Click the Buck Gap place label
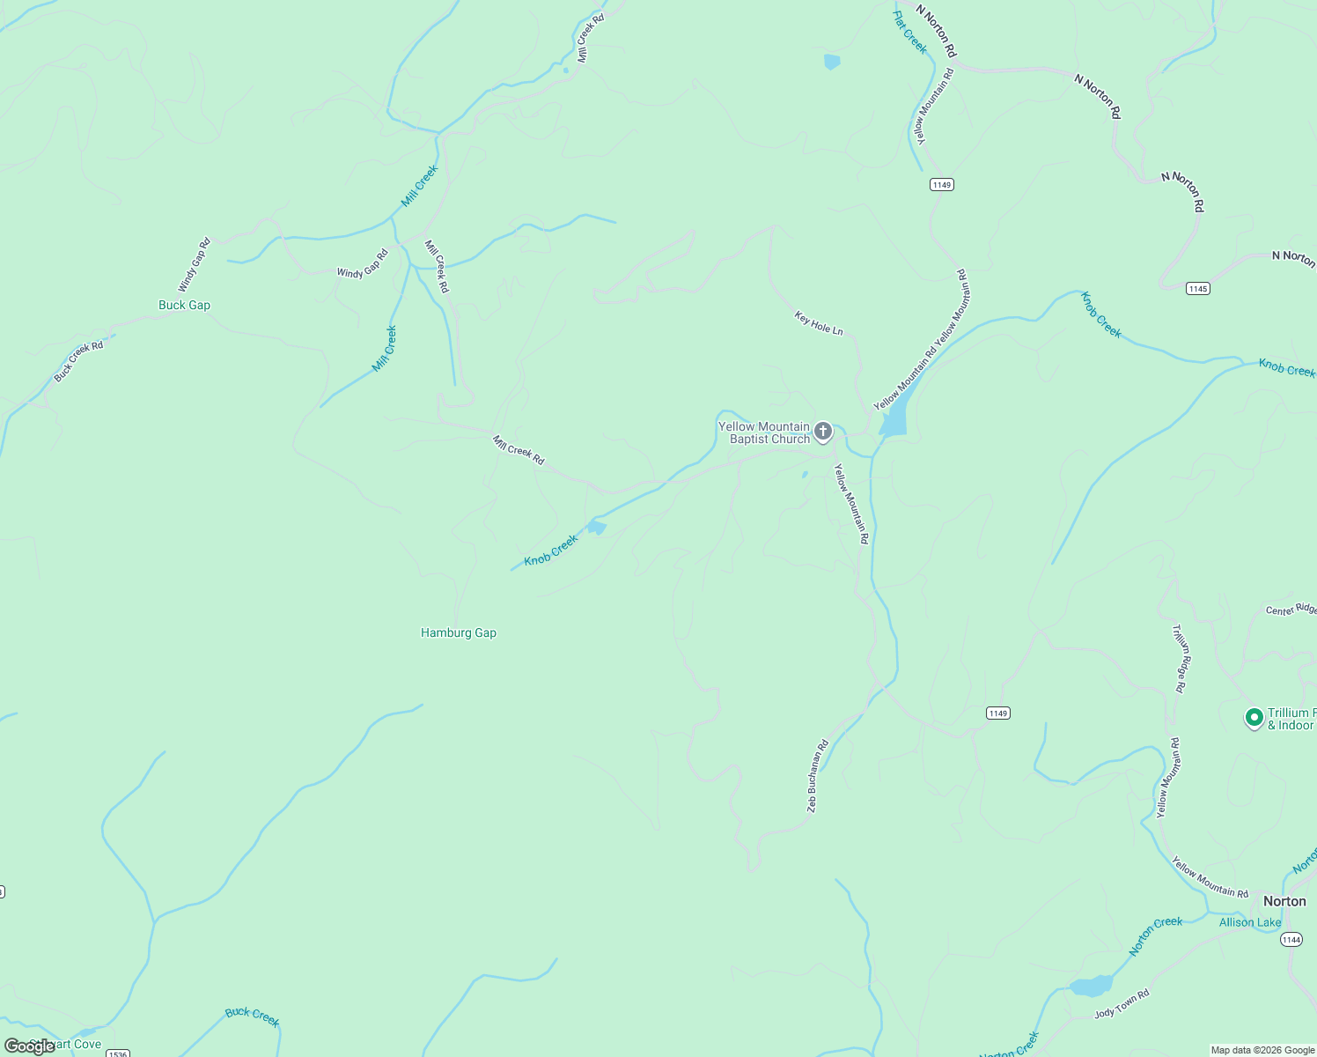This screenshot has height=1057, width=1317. (184, 306)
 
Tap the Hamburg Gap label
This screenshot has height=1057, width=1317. (458, 632)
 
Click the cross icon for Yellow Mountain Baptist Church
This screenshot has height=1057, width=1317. (823, 432)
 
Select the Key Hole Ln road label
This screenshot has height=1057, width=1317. (819, 323)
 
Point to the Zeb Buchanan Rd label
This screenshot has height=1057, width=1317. (818, 776)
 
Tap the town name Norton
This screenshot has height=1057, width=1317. (1284, 901)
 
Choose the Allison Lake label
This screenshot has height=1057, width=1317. (1250, 922)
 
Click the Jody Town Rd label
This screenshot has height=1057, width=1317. (1122, 1004)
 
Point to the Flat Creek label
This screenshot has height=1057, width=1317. (910, 32)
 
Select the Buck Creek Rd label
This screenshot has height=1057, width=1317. (78, 361)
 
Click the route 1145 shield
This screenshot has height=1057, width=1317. (1197, 289)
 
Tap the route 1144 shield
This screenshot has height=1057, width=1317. (1291, 940)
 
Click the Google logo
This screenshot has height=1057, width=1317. (29, 1046)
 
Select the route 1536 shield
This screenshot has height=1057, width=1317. (118, 1053)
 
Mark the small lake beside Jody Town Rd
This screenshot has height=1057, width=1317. (1091, 986)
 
